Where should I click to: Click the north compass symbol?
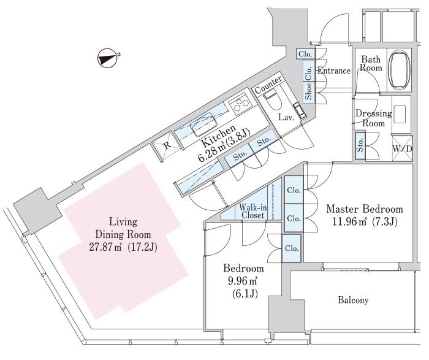pos(107,57)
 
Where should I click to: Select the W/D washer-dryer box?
pos(402,148)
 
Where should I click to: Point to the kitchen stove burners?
pos(240,103)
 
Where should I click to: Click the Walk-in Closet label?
pos(252,211)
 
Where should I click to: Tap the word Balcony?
pos(353,300)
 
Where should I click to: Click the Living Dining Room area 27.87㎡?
pos(105,248)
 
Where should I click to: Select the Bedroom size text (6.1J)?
pos(245,294)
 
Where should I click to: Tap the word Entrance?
pos(334,71)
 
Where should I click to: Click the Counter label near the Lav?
pos(268,85)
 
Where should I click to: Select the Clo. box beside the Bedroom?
pos(292,248)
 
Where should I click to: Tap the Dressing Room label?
pos(373,118)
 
